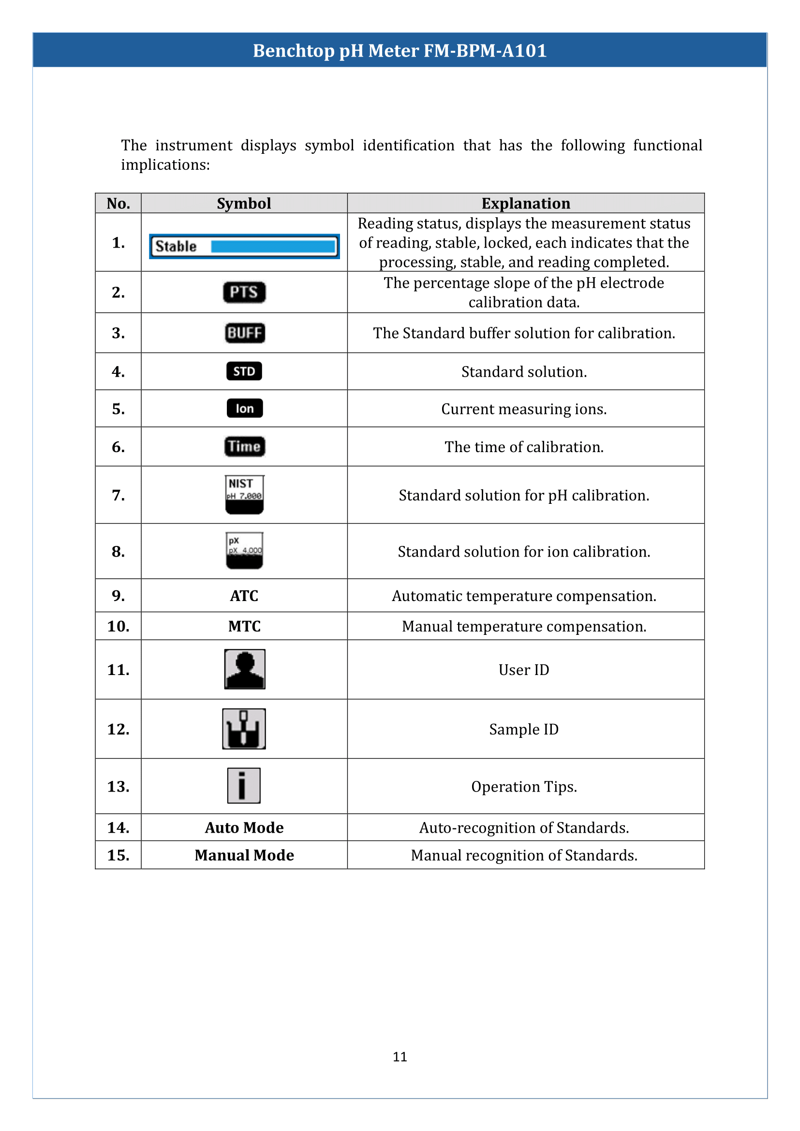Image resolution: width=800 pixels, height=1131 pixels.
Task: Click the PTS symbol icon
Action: (x=244, y=292)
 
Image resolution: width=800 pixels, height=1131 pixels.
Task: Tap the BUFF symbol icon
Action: (x=244, y=333)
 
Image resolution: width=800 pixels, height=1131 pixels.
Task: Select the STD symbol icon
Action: (x=244, y=371)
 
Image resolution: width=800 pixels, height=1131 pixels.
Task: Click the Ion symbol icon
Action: (x=244, y=409)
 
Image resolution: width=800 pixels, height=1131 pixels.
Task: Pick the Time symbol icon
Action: (x=244, y=446)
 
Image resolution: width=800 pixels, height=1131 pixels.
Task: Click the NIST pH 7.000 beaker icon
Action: (x=244, y=495)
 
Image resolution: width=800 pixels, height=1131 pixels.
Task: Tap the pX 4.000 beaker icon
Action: (x=244, y=551)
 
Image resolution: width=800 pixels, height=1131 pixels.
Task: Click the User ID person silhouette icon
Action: (x=244, y=669)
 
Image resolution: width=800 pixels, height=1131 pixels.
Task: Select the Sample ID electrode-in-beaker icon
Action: (x=244, y=729)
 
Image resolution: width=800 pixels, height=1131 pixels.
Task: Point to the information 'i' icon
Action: (x=243, y=786)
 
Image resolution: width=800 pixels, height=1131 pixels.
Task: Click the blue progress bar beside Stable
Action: (x=273, y=246)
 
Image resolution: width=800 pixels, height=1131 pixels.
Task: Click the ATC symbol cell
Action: (x=244, y=596)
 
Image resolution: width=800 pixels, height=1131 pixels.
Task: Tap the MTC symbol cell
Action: (x=244, y=626)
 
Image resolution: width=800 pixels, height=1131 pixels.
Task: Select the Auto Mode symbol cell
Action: (x=244, y=827)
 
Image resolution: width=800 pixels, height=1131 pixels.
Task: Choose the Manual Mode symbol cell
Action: (x=244, y=855)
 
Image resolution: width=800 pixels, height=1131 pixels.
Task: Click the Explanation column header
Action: (x=526, y=204)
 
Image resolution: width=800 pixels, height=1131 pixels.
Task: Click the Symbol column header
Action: (x=244, y=204)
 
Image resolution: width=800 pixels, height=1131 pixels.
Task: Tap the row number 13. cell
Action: (x=118, y=786)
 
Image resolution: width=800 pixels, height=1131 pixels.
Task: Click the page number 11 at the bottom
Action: (x=400, y=1057)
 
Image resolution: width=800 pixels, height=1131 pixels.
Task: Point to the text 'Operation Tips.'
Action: (x=524, y=787)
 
